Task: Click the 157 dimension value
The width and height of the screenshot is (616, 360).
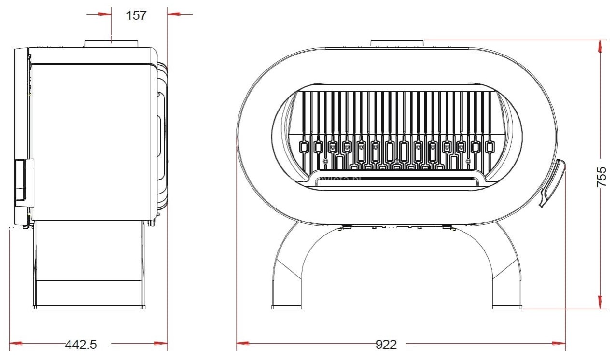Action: (x=136, y=15)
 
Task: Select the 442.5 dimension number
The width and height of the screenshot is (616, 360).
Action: (x=81, y=345)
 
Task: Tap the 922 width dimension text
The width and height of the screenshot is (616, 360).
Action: (x=386, y=345)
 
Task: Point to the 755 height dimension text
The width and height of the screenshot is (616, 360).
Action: (x=602, y=177)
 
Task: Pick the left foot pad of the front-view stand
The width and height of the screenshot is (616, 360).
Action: (x=287, y=307)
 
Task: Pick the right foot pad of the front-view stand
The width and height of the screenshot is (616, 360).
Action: (x=507, y=307)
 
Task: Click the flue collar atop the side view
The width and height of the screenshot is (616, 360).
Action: (x=112, y=43)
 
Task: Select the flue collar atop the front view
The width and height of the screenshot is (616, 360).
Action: (x=397, y=43)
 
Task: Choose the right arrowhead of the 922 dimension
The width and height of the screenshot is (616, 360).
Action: (x=559, y=343)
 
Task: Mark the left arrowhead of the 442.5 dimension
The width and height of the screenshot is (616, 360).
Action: (x=16, y=343)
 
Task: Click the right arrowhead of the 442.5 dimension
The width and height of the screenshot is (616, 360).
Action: (x=161, y=343)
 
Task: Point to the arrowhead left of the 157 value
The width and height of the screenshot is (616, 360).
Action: (x=105, y=14)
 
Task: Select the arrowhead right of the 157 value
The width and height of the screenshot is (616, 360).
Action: (x=174, y=14)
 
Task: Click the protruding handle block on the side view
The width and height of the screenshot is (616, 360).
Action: (x=25, y=183)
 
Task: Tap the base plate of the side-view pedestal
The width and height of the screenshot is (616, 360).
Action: (x=89, y=307)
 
